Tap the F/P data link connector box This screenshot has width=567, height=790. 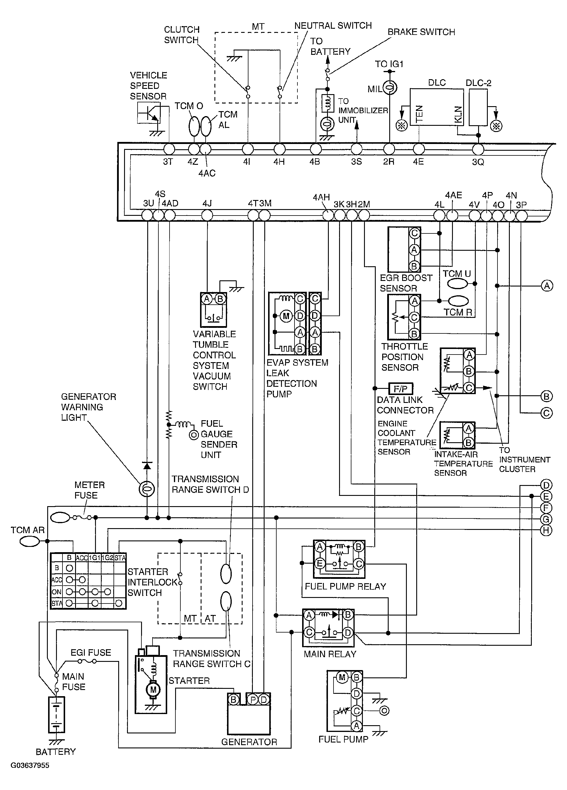tap(400, 388)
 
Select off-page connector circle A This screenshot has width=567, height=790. tap(546, 286)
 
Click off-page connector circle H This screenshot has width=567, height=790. tap(546, 530)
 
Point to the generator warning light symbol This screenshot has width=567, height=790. tap(147, 489)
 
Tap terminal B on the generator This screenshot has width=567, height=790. tap(233, 700)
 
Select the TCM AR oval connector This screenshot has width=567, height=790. tap(30, 541)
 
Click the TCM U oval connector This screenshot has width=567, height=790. tap(458, 284)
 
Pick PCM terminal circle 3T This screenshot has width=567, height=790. tap(169, 149)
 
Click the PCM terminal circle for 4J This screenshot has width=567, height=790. tap(207, 215)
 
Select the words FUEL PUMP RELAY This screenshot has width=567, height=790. tap(345, 586)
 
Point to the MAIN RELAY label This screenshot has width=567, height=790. tap(330, 654)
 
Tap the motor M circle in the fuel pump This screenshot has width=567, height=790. tap(342, 677)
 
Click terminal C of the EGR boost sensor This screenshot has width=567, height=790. tap(414, 233)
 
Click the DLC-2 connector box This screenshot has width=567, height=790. tap(478, 107)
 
